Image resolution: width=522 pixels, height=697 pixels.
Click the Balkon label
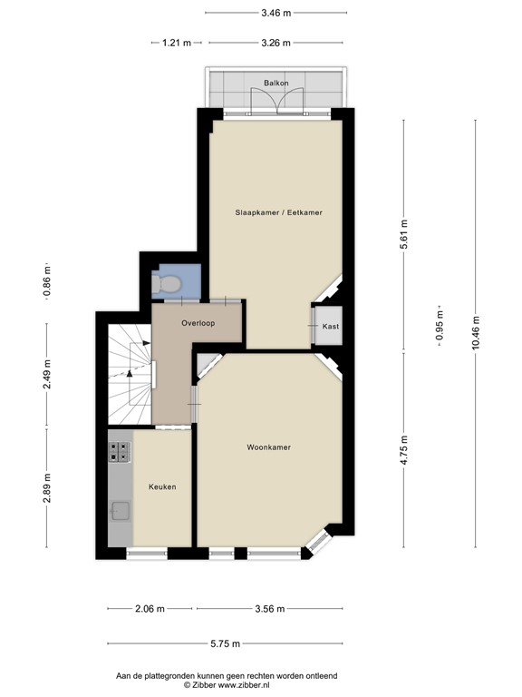[275, 83]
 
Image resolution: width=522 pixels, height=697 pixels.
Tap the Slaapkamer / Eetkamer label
[279, 212]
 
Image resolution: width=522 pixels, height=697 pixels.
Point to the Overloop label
[197, 323]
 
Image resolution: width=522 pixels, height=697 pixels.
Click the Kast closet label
[330, 326]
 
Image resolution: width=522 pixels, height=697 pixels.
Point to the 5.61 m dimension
[404, 239]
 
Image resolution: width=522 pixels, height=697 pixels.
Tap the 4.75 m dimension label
[404, 451]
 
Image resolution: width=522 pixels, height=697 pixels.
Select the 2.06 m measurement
[150, 609]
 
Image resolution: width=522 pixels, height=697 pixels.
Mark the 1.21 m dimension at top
[177, 43]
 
